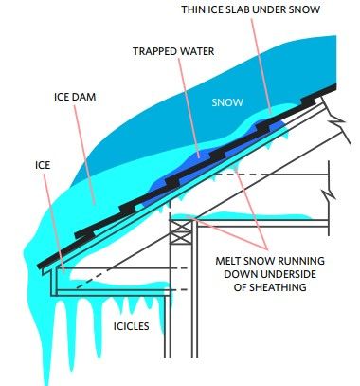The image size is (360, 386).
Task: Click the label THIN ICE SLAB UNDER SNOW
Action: click(x=263, y=9)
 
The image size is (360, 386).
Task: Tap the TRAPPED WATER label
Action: click(x=174, y=52)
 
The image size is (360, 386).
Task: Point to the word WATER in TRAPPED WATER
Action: click(x=197, y=52)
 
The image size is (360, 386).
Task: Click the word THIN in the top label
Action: click(x=198, y=9)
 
